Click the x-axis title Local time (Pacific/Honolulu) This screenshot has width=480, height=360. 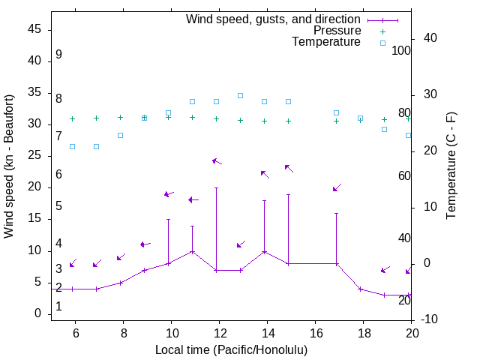(231, 349)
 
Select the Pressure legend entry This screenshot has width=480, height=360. (337, 31)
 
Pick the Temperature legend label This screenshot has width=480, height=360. (326, 42)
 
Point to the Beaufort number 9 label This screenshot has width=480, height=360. (58, 55)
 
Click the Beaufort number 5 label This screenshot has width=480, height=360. (58, 205)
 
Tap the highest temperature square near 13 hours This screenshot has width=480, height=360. (240, 95)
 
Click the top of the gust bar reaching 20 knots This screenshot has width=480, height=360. (216, 187)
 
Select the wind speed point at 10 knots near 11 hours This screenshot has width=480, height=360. (192, 251)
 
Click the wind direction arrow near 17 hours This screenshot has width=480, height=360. (337, 187)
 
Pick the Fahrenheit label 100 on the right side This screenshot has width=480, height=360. (401, 50)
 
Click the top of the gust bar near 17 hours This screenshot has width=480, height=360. (336, 213)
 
